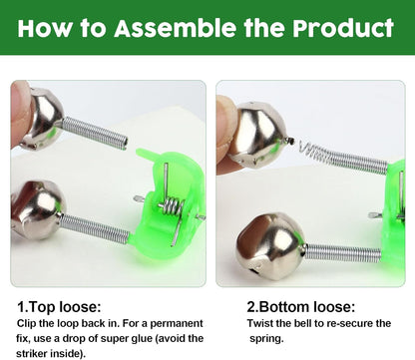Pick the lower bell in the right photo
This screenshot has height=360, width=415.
click(x=268, y=245)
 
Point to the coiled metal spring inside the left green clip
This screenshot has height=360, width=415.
click(x=173, y=208)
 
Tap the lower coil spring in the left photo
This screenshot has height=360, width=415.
click(x=95, y=229)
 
